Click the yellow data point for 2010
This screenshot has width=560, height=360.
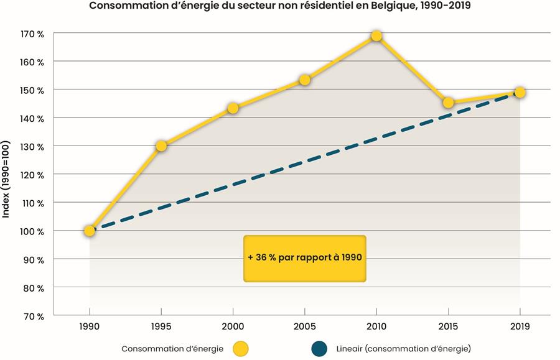pos(376,36)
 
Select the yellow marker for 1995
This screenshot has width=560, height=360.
pos(161,146)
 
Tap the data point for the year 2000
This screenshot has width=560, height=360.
pos(233,108)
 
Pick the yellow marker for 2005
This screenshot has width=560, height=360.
pos(305,80)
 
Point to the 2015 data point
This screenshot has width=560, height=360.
pos(448,103)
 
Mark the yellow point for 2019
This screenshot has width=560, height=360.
pos(520,93)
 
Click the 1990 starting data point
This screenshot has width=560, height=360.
pos(90,231)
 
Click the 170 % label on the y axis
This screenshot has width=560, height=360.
pos(32,34)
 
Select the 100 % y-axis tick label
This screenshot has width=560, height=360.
pos(32,231)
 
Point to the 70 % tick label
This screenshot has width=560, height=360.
pos(34,316)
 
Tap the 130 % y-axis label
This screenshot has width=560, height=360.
pos(32,147)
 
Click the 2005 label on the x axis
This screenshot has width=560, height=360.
pos(305,326)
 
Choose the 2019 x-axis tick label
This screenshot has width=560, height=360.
pos(520,326)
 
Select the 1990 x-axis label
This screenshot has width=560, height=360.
pos(89,326)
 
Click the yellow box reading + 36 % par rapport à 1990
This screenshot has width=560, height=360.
pos(305,258)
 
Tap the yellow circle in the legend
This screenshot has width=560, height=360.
pos(240,349)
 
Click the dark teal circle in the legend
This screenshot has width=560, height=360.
pos(319,349)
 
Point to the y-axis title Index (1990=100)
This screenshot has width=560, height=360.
pos(6,179)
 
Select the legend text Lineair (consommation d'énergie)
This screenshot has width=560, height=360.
pos(404,349)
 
